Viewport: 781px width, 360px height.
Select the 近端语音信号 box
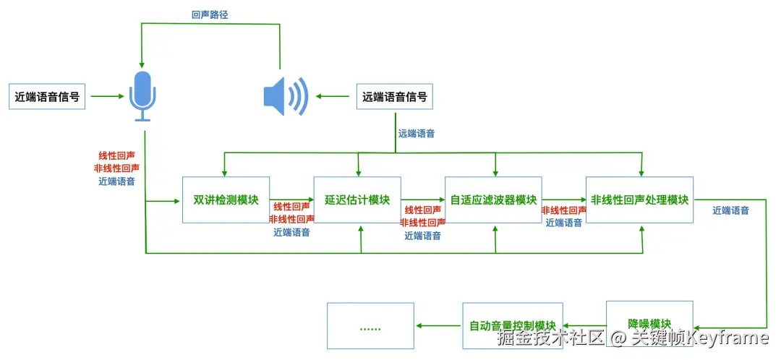pyautogui.click(x=47, y=96)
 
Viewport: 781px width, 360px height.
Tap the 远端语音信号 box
pyautogui.click(x=394, y=96)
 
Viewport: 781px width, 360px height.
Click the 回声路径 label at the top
pyautogui.click(x=210, y=14)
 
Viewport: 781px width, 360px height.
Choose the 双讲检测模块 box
pyautogui.click(x=226, y=200)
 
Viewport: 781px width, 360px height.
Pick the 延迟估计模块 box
pyautogui.click(x=357, y=200)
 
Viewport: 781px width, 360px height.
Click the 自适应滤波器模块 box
pyautogui.click(x=494, y=200)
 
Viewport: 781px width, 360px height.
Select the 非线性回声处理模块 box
pyautogui.click(x=639, y=200)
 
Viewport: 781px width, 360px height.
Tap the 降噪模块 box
pyautogui.click(x=649, y=322)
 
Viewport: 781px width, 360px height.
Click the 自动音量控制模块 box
pyautogui.click(x=512, y=325)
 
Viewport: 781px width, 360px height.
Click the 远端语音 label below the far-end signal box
pyautogui.click(x=416, y=134)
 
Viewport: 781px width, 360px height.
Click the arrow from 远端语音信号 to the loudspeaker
pyautogui.click(x=334, y=96)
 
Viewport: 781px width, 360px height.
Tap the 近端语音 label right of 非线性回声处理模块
pyautogui.click(x=730, y=211)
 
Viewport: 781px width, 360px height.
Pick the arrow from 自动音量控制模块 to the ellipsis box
pyautogui.click(x=438, y=325)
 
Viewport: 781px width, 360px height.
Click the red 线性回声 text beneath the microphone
pyautogui.click(x=117, y=155)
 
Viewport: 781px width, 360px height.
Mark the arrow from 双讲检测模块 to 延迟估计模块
pyautogui.click(x=291, y=200)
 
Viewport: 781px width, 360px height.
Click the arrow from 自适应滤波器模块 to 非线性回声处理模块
pyautogui.click(x=564, y=200)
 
